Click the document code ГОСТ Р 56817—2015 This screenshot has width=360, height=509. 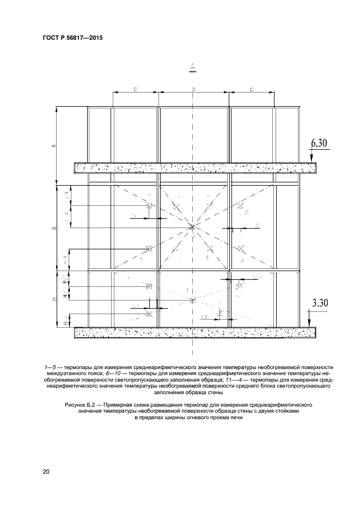pyautogui.click(x=72, y=38)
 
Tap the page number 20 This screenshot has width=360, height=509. pyautogui.click(x=46, y=471)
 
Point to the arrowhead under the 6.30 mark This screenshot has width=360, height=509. pyautogui.click(x=311, y=160)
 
